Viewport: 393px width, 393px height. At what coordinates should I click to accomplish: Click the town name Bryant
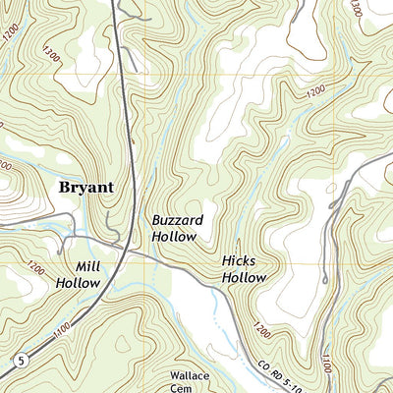tap(86, 187)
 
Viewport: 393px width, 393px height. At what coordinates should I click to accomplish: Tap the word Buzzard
tap(177, 221)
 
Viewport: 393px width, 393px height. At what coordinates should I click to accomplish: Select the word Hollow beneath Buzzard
tap(177, 237)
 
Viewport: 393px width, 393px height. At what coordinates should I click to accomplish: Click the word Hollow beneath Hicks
tap(244, 278)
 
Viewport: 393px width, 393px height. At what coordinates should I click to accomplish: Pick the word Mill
tap(87, 266)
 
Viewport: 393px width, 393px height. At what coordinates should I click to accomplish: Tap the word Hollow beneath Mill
tap(78, 283)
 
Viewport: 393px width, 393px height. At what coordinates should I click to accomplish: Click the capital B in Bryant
tap(66, 187)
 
